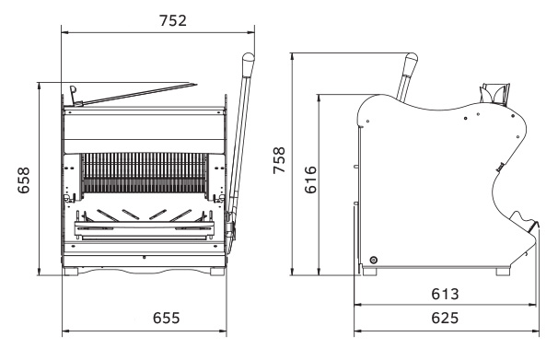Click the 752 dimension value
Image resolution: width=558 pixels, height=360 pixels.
tap(173, 20)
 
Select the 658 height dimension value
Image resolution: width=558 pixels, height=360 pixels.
tap(24, 180)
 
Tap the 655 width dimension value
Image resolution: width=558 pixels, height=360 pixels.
tap(167, 318)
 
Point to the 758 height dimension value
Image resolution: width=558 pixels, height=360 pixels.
tap(279, 160)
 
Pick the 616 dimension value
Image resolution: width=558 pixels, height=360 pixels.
tap(310, 180)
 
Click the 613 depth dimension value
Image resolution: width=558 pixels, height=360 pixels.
tap(445, 295)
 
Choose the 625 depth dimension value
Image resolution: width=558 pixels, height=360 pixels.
tap(445, 318)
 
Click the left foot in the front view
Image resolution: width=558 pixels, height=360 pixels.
tap(71, 272)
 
